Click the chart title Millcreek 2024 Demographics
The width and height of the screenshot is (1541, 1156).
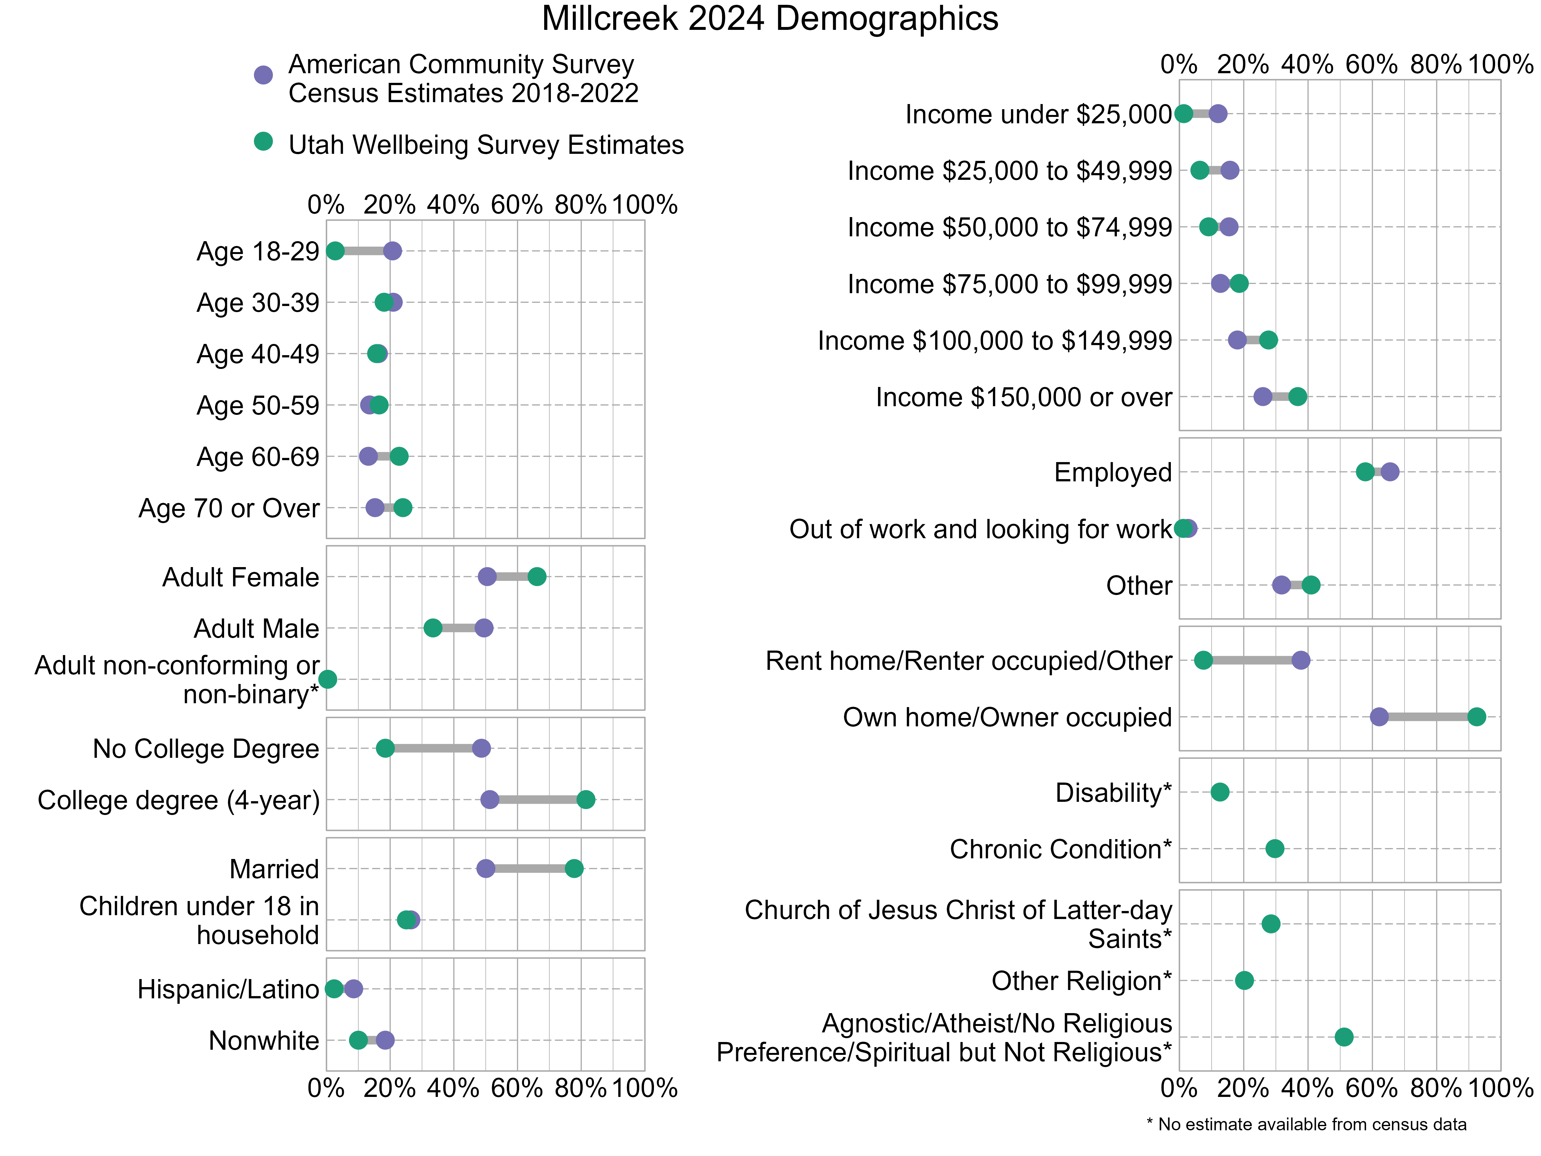(770, 19)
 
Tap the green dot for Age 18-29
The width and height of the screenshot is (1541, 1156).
(335, 251)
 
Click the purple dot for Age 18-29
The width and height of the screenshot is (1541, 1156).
(392, 251)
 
